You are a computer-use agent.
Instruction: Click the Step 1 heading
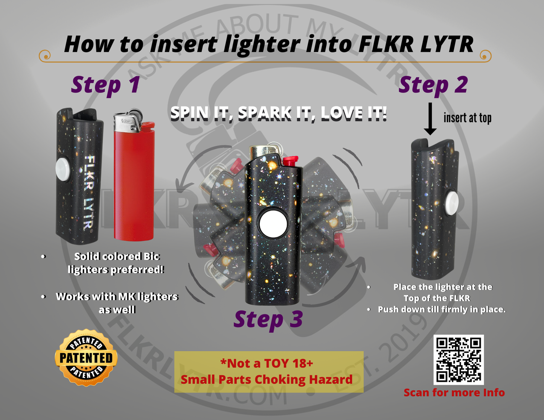106,85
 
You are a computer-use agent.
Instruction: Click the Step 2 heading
433,85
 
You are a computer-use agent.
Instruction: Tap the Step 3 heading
268,319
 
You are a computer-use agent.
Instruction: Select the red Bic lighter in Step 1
134,184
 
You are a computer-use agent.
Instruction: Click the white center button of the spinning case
273,224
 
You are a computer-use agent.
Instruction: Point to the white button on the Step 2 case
452,203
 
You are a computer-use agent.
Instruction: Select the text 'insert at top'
467,118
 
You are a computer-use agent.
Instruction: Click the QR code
459,359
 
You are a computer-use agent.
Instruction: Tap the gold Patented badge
86,358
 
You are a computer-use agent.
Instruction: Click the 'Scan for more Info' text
454,393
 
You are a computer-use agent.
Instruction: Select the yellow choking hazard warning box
269,371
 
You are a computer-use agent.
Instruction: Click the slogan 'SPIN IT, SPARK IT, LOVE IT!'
279,113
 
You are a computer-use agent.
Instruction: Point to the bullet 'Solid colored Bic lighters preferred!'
116,263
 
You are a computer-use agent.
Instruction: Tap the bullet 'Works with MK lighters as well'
117,303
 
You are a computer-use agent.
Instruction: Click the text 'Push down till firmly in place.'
442,309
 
